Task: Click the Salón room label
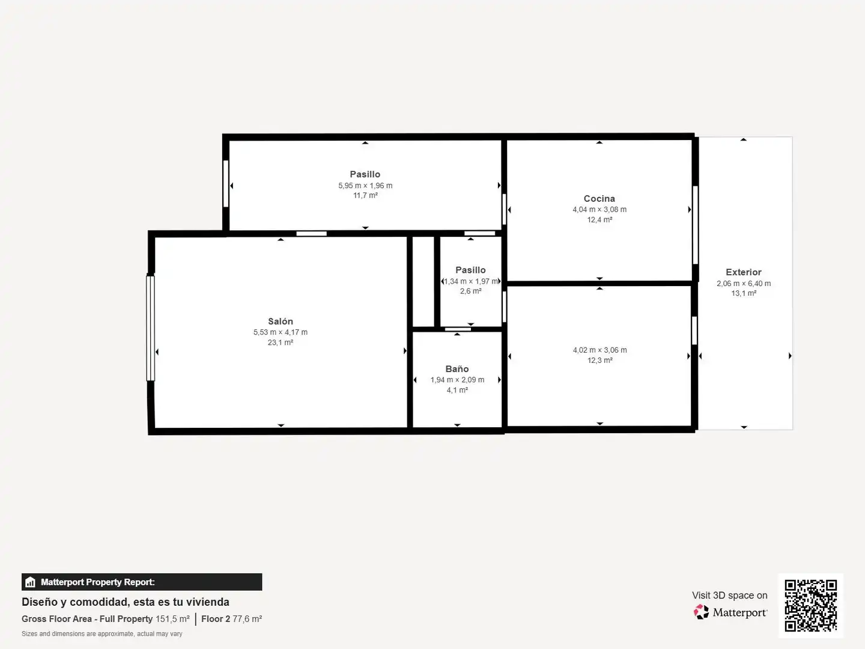pos(280,321)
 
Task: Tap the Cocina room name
pos(599,198)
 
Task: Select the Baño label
pos(457,369)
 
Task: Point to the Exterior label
pos(743,272)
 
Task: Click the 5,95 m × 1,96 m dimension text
pos(365,186)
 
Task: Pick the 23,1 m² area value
pos(280,343)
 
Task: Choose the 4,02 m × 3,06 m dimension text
pos(599,350)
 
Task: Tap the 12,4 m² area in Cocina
pos(599,220)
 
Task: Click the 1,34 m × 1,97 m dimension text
pos(470,281)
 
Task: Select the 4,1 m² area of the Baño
pos(457,390)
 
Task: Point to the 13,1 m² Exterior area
pos(744,293)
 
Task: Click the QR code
pos(810,605)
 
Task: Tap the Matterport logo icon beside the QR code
pos(701,612)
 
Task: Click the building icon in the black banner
pos(31,582)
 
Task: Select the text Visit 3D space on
pos(729,595)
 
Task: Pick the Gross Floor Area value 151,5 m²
pos(172,619)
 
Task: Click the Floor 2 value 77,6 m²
pos(247,619)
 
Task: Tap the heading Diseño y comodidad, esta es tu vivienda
pos(126,602)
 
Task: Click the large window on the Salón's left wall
pos(150,328)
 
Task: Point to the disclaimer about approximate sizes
pos(102,633)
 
